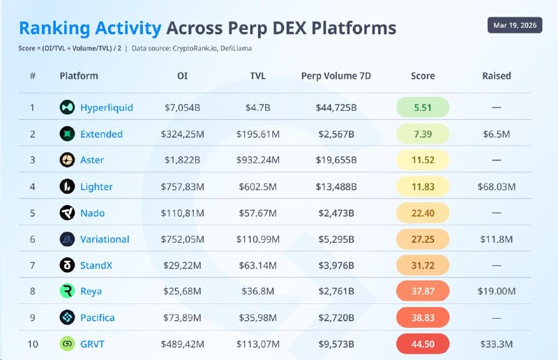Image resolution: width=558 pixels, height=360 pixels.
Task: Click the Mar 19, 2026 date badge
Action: pyautogui.click(x=514, y=25)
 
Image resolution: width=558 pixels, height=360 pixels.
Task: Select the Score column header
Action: pyautogui.click(x=423, y=75)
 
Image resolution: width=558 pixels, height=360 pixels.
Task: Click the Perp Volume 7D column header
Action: pyautogui.click(x=335, y=75)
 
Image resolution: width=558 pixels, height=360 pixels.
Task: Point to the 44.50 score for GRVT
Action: pyautogui.click(x=423, y=344)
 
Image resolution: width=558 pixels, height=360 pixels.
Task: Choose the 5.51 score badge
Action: pyautogui.click(x=423, y=107)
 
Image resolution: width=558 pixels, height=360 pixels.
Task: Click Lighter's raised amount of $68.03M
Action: pyautogui.click(x=497, y=186)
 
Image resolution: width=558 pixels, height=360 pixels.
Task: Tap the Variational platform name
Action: pyautogui.click(x=105, y=239)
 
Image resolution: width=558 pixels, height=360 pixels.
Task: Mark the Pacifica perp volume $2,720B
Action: pyautogui.click(x=335, y=317)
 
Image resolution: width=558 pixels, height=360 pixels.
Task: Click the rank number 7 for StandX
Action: pyautogui.click(x=32, y=265)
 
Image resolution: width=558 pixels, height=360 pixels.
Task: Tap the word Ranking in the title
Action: pyautogui.click(x=55, y=28)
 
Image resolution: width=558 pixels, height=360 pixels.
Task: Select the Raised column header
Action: pyautogui.click(x=497, y=75)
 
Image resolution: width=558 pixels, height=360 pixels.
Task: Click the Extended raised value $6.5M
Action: pyautogui.click(x=497, y=134)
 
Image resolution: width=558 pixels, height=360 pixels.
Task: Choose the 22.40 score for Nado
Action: pyautogui.click(x=423, y=213)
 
